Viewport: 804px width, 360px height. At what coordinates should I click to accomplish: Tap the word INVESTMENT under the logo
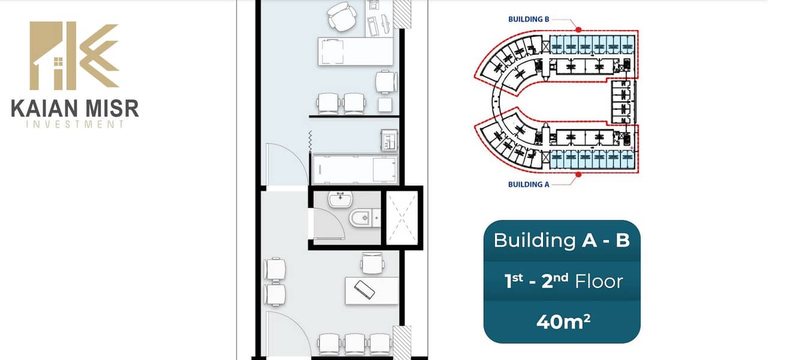coord(75,125)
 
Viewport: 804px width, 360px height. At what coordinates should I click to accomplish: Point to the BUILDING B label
coord(529,19)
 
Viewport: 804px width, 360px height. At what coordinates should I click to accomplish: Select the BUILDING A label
coord(529,184)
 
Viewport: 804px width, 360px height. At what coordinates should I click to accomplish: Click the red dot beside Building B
coord(578,30)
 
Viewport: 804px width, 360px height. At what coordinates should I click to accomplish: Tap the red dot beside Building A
coord(578,175)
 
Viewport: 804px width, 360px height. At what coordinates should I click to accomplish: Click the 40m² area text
coord(563,322)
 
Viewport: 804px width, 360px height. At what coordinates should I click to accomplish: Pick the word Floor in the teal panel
coord(599,281)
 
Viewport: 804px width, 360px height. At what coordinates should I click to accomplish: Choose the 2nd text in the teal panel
coord(555,281)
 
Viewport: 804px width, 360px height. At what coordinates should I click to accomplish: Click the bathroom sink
coord(340,199)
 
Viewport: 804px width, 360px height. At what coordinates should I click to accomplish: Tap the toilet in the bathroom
coord(364,218)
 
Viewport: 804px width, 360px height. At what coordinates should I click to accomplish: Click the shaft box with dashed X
coord(402,218)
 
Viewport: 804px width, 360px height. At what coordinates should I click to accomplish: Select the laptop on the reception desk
coord(364,290)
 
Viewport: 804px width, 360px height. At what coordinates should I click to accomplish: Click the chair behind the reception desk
coord(373,263)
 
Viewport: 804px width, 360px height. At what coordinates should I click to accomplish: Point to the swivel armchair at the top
coord(342,17)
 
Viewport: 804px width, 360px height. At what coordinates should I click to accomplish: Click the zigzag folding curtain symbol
coord(310,142)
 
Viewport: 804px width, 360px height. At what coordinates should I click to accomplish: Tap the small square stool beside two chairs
coord(385,105)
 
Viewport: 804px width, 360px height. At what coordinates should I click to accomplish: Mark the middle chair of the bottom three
coord(355,344)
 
